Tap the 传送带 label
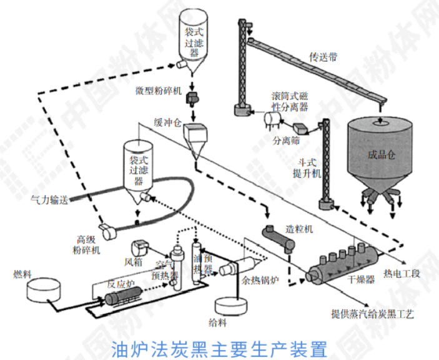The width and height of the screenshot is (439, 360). [x=324, y=57]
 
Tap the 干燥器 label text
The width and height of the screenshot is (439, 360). [x=362, y=279]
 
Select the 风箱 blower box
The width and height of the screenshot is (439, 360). [x=139, y=248]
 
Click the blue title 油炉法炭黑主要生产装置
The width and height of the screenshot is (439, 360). [x=219, y=346]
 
